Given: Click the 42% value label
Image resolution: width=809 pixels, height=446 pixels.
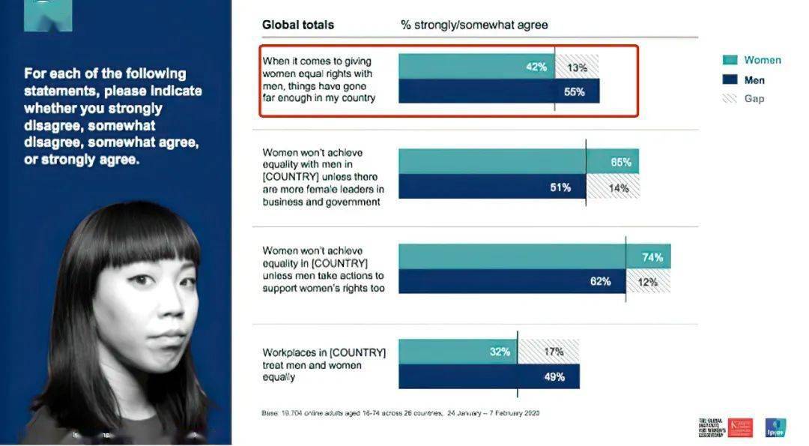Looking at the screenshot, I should click(536, 67).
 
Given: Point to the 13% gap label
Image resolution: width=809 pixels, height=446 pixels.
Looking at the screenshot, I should click(577, 67).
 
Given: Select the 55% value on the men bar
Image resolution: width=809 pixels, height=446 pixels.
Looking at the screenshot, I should click(574, 92).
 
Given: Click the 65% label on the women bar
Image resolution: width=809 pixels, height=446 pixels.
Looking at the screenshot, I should click(621, 162).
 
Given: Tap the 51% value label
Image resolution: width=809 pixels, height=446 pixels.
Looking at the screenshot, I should click(561, 187).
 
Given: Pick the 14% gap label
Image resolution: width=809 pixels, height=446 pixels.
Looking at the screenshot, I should click(618, 187).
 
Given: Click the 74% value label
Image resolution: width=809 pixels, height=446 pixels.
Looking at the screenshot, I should click(652, 257).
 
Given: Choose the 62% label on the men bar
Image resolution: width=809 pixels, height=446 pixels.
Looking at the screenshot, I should click(600, 282).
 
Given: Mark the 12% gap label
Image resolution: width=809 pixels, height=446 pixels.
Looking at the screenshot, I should click(647, 282).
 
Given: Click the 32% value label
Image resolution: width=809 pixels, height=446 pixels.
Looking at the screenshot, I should click(500, 351).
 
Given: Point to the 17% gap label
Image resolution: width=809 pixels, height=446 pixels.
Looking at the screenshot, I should click(554, 351).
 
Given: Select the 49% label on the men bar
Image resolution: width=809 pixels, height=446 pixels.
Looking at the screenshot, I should click(554, 376).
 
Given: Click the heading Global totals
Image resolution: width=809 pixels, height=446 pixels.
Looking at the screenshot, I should click(297, 25).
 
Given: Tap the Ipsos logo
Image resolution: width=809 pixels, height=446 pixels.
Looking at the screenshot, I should click(775, 428).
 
